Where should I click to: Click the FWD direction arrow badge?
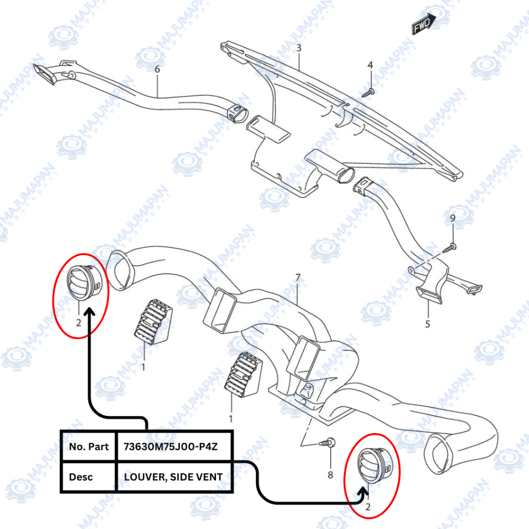click(x=424, y=24)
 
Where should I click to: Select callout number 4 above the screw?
click(x=370, y=65)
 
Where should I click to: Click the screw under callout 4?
click(x=368, y=92)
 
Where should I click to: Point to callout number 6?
click(x=157, y=69)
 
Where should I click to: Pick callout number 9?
click(x=453, y=219)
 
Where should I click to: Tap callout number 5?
click(x=428, y=324)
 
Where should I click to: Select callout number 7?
click(x=298, y=278)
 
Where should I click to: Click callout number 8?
click(x=331, y=475)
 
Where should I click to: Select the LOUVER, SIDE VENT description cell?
click(x=174, y=476)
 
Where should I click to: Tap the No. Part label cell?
click(x=89, y=446)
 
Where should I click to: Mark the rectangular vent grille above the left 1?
click(x=152, y=321)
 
